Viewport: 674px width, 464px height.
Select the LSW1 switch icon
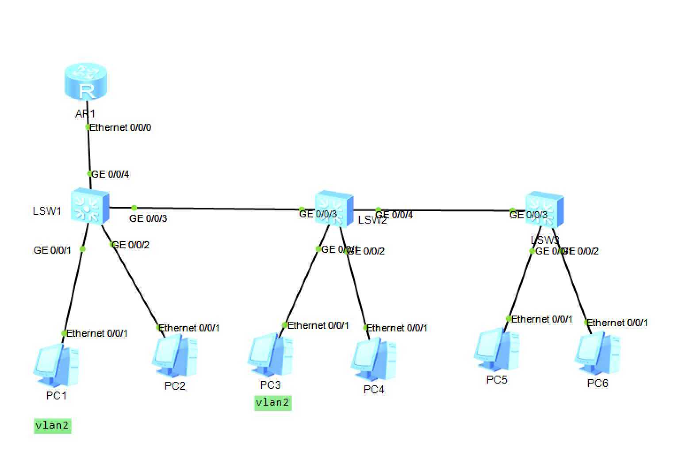point(90,206)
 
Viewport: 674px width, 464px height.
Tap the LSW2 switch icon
point(334,209)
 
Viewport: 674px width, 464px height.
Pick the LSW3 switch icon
point(544,209)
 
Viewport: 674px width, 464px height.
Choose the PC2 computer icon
point(175,355)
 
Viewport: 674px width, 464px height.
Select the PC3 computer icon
point(270,356)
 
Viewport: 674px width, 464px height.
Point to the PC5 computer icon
point(496,351)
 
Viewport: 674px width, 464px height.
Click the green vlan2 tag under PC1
point(52,426)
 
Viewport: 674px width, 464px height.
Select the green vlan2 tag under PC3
point(272,403)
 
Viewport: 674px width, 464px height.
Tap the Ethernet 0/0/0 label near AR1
point(120,128)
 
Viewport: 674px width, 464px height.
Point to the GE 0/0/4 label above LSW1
point(110,175)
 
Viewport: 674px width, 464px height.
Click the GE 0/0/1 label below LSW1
point(52,251)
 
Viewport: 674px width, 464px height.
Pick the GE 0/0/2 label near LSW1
point(131,245)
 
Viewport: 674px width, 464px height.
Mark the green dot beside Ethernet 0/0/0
point(88,127)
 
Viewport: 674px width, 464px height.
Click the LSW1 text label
point(47,211)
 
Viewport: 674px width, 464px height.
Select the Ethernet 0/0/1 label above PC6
point(617,323)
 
